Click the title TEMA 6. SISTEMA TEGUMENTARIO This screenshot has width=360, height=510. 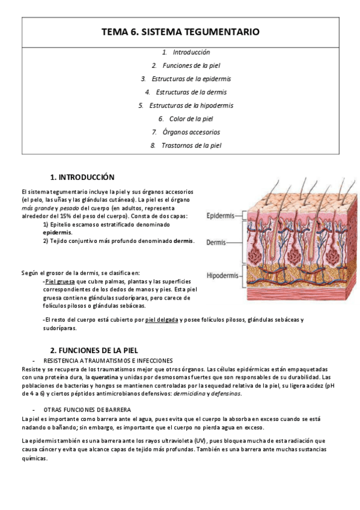click(180, 32)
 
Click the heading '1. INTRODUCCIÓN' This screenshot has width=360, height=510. click(82, 177)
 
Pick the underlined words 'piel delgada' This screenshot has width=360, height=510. click(162, 320)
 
